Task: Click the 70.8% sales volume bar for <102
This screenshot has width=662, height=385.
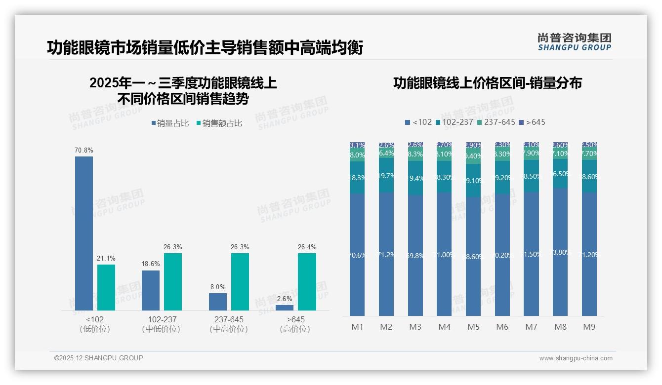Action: [x=84, y=233]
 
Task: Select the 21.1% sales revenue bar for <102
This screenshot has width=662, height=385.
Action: [x=106, y=287]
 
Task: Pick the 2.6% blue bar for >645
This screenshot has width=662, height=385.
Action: [x=285, y=308]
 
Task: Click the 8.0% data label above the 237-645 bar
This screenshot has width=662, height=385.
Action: [x=217, y=287]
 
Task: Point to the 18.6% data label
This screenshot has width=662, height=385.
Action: [x=151, y=264]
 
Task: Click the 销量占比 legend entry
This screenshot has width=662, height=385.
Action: [x=170, y=123]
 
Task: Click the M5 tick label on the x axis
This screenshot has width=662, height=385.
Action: [x=473, y=327]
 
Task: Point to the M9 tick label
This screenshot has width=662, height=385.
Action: [x=589, y=327]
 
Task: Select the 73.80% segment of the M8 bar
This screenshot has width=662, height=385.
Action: [x=560, y=252]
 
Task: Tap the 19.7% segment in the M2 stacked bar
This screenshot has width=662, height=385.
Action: [x=386, y=175]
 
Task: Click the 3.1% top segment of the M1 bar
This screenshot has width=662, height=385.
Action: [x=357, y=145]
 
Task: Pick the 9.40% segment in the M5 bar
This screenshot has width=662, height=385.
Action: [x=473, y=156]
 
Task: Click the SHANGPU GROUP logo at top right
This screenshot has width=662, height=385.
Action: [x=575, y=42]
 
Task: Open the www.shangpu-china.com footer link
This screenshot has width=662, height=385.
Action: [x=576, y=358]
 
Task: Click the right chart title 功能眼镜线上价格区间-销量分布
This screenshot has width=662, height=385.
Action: [x=487, y=83]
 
